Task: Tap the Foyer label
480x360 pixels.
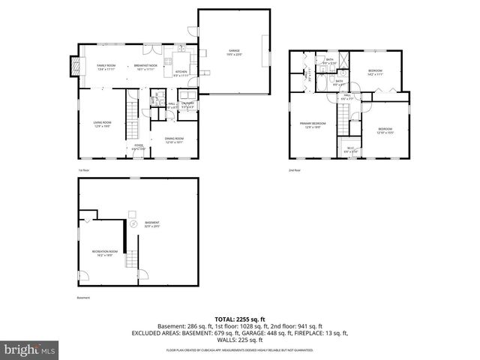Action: point(139,147)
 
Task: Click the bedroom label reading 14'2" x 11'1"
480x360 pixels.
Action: point(375,73)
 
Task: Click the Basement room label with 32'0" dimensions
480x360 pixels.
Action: point(153,223)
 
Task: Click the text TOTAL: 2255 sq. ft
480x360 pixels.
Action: point(239,319)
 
